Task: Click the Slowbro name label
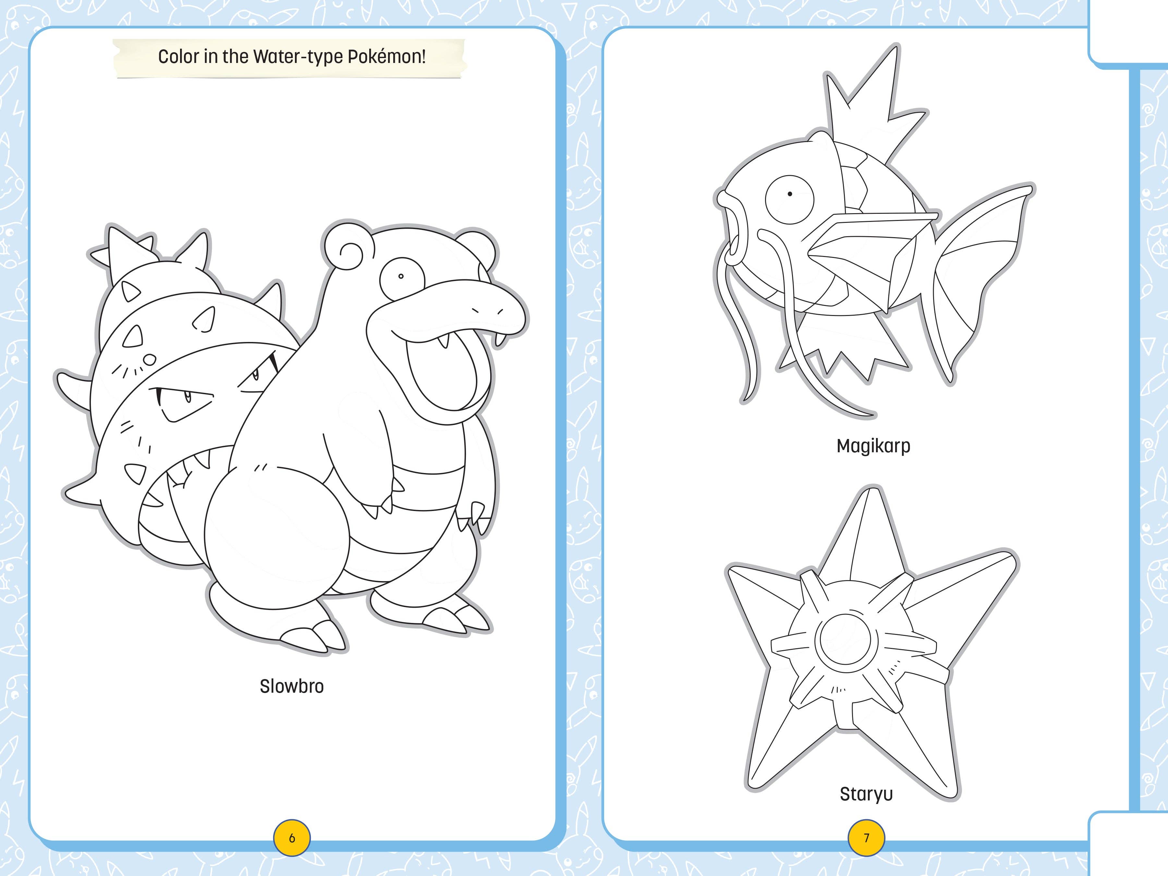coord(291,687)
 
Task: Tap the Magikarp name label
coord(873,446)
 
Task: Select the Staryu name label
coord(866,794)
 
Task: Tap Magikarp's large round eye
coord(789,199)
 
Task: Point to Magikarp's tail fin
coord(977,274)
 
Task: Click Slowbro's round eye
coord(401,276)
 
